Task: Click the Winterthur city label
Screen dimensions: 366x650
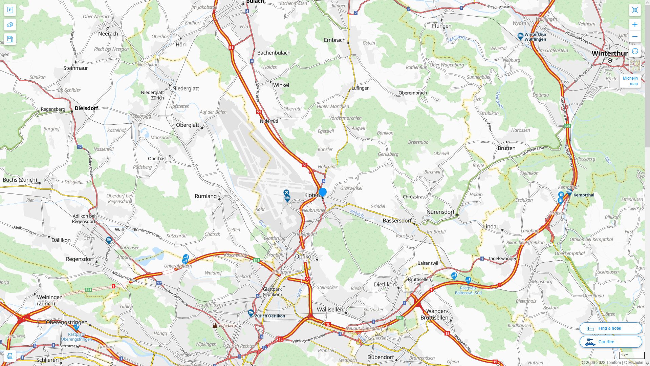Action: pos(609,53)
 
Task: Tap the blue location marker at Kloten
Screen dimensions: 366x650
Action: pos(323,192)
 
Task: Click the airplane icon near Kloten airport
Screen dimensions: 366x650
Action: pos(286,193)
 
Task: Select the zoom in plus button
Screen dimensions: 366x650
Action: pos(635,25)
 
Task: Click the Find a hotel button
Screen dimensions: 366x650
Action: pos(610,328)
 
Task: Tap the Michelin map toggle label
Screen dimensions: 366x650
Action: pos(630,81)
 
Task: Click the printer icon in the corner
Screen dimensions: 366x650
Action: pos(10,356)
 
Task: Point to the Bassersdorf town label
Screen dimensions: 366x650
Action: pos(397,221)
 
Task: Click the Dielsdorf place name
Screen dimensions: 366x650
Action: pos(86,108)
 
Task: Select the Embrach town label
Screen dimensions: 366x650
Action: pos(334,40)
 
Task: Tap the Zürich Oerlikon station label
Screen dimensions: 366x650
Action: pos(270,316)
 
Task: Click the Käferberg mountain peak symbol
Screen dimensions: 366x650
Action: pos(215,325)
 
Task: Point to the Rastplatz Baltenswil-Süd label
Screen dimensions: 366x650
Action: pos(468,290)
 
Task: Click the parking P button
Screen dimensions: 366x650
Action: pos(10,10)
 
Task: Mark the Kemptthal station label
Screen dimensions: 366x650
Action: pos(584,195)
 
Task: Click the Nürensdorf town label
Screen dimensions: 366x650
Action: pos(440,212)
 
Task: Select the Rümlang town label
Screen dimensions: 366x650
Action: pos(205,196)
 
